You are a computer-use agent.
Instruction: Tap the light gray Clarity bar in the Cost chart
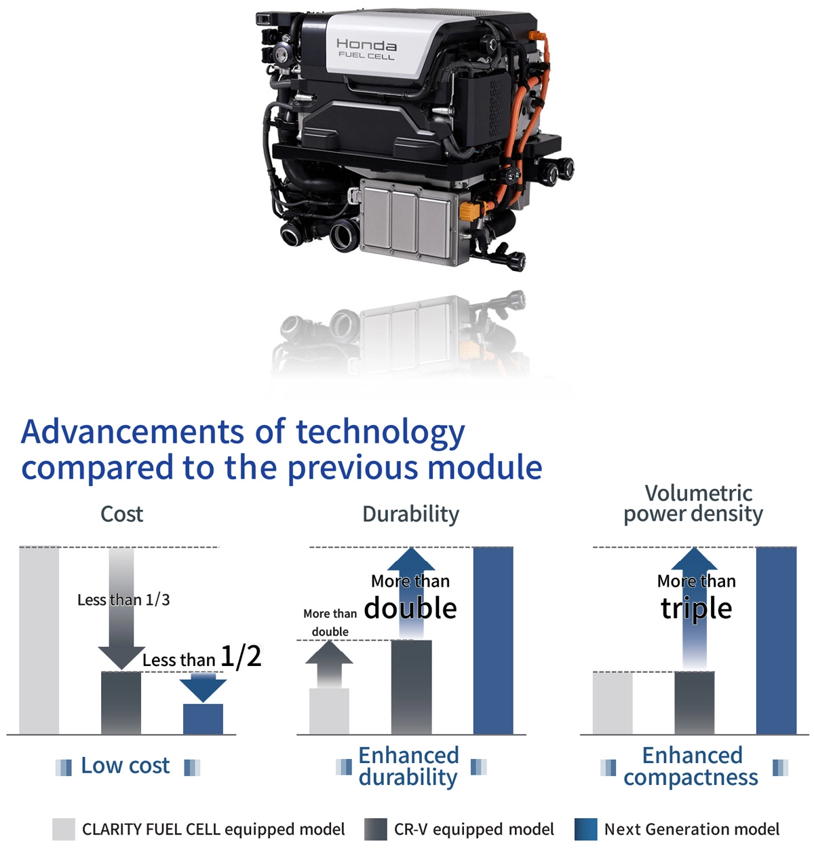[x=39, y=640]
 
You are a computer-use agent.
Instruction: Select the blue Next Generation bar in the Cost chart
[x=203, y=718]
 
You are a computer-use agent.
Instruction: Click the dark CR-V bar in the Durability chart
[x=411, y=687]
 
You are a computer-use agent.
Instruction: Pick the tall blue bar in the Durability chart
[x=493, y=640]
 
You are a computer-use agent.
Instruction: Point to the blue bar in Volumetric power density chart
[x=777, y=640]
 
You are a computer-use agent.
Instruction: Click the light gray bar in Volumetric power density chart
[x=613, y=703]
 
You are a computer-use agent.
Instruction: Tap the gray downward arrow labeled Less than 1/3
[x=121, y=608]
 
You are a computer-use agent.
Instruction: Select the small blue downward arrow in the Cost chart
[x=203, y=687]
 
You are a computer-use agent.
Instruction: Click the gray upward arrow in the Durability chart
[x=329, y=664]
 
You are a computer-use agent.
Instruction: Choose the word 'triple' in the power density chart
[x=696, y=608]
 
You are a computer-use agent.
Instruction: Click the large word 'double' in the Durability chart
[x=410, y=608]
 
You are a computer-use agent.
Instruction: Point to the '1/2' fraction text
[x=241, y=657]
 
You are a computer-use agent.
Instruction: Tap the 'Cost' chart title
[x=122, y=514]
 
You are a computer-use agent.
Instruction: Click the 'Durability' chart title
[x=411, y=515]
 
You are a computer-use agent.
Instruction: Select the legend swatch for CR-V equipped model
[x=375, y=829]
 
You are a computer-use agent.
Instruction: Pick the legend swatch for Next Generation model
[x=585, y=829]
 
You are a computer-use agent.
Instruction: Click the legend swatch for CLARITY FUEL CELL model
[x=64, y=829]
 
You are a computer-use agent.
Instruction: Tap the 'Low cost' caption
[x=125, y=766]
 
